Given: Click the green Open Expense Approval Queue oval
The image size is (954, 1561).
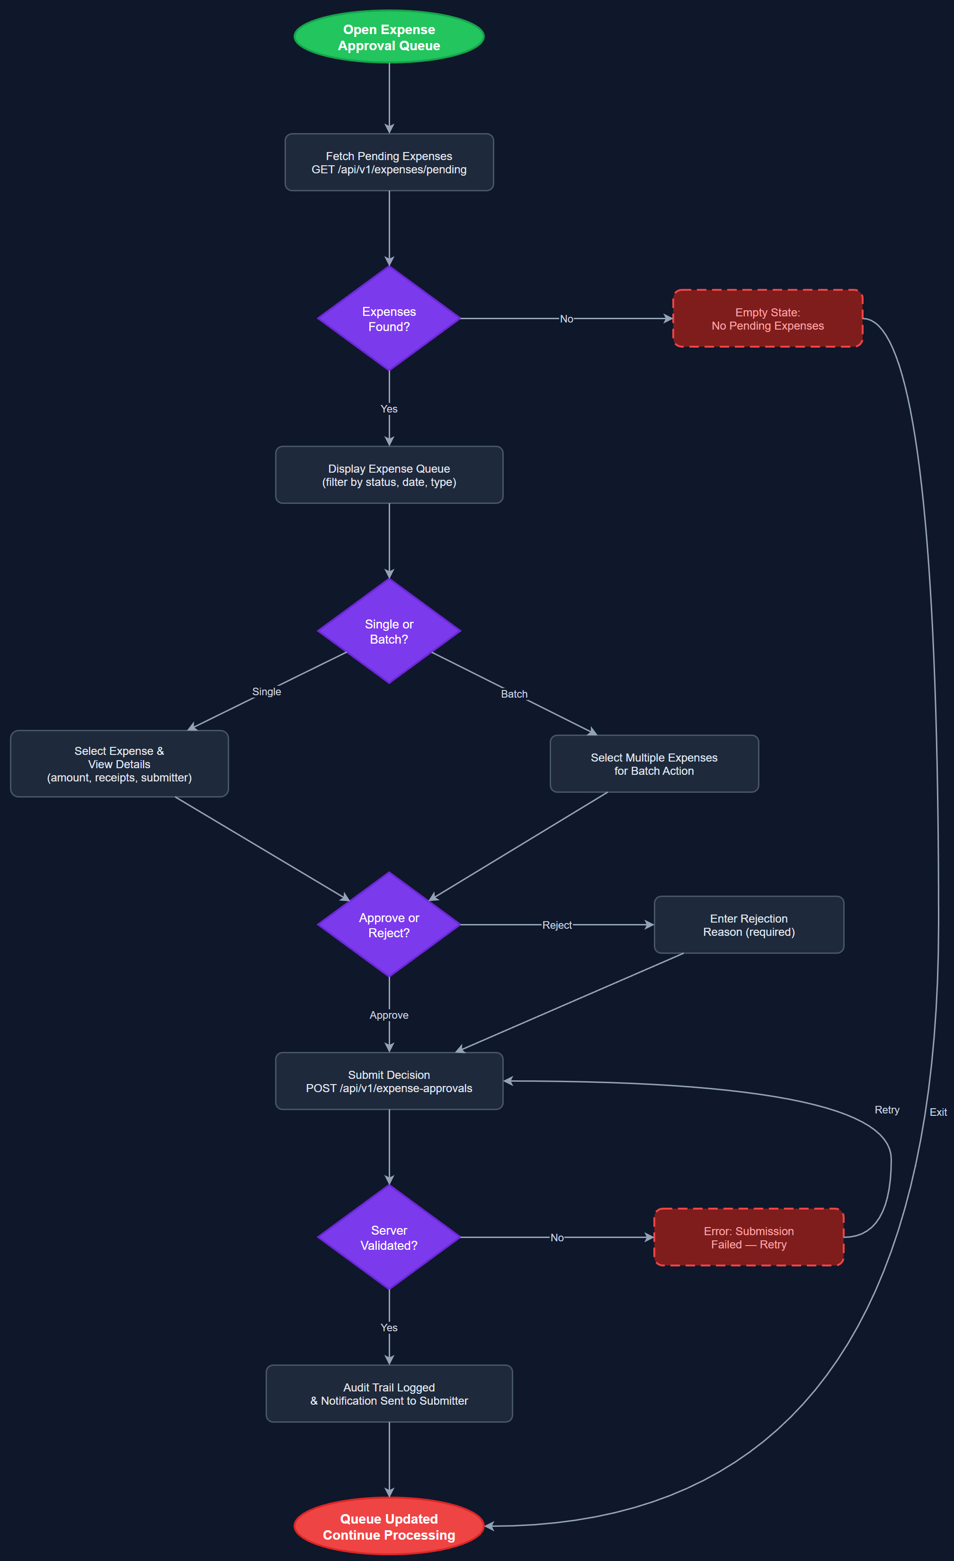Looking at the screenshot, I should pos(389,37).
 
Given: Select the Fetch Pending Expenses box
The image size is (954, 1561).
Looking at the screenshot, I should pos(389,162).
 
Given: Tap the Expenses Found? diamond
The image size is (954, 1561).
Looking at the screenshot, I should pos(389,319).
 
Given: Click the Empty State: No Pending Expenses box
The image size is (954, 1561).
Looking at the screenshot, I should pos(767,319).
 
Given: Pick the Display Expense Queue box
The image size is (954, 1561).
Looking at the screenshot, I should pos(389,475).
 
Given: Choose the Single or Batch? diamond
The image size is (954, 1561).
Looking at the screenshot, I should pos(389,631).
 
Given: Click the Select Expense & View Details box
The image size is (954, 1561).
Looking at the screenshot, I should pos(119,763).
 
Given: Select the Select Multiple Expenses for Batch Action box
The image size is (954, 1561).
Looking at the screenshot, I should pos(654,763).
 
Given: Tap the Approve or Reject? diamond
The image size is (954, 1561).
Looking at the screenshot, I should pos(389,924).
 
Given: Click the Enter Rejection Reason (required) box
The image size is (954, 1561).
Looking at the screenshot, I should pos(748,924).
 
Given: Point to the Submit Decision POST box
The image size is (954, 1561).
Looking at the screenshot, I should pos(389,1081).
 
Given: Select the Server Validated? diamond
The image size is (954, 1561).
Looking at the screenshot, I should pos(389,1237).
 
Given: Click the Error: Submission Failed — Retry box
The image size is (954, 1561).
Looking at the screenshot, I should pos(748,1237).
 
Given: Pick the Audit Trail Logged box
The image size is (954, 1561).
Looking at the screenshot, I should pos(389,1393).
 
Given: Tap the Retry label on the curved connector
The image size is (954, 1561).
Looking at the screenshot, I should pos(887,1110).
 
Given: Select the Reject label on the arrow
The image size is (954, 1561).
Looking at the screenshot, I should pos(557,925).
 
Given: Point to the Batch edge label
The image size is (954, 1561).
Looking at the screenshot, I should pos(514,694).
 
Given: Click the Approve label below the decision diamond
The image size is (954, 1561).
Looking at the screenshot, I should pos(389,1015).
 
